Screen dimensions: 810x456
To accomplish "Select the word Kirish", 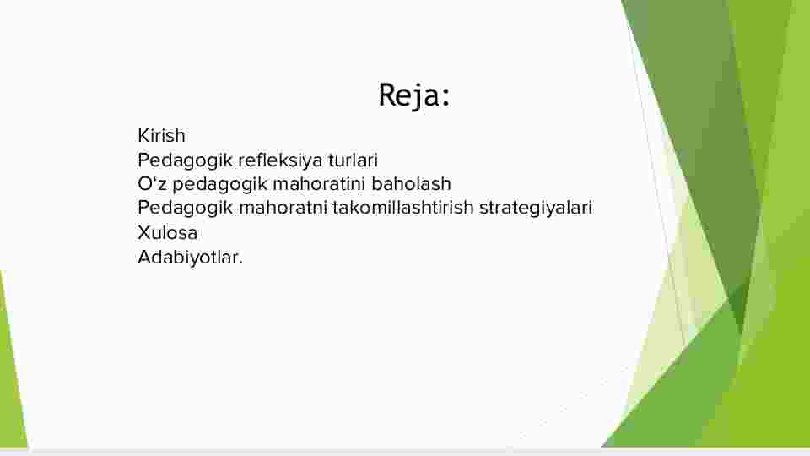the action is coord(161,135).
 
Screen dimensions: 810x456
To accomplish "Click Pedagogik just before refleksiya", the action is coord(185,160).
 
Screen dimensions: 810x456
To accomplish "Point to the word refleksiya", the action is coord(280,160).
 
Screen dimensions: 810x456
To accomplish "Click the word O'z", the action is coord(152,183).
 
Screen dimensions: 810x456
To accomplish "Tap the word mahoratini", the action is coord(319,183).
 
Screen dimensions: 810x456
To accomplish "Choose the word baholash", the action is coord(411,183).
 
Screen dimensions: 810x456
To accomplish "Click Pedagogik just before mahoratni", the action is coord(185,209).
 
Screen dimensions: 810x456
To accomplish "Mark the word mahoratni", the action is coord(283,208).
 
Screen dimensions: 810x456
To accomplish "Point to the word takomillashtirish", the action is coord(403,208).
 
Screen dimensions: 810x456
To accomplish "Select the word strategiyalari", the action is coord(536,209).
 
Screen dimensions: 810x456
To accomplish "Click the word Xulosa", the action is coord(167,233).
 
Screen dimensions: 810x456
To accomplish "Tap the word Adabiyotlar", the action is coord(188,258).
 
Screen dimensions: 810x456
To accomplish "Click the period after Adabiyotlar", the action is coord(240,263).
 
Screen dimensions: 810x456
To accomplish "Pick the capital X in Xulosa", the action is coord(143,233).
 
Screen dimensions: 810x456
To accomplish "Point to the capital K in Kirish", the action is coord(143,135).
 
